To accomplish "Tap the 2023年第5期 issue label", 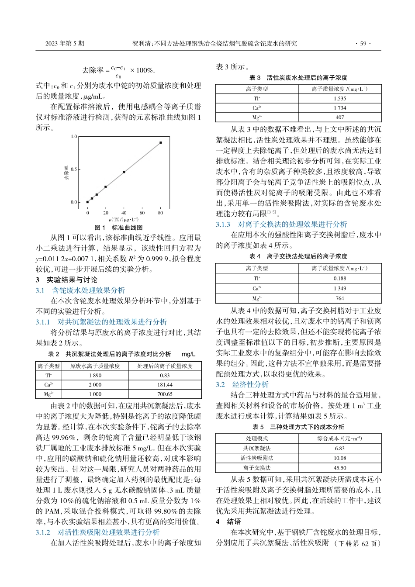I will point(65,44).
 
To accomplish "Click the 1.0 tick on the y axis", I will point(73,137).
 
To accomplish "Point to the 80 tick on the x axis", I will point(160,213).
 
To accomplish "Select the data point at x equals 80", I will point(161,142).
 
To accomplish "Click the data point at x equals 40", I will point(124,172).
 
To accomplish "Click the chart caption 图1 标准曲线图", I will point(119,228).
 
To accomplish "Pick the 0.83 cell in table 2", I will point(165,376).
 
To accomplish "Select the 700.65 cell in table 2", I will point(165,394).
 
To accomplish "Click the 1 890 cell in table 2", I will point(95,376).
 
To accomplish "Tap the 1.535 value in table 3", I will point(339,99).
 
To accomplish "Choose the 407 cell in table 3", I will point(339,117).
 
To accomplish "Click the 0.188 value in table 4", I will point(339,278).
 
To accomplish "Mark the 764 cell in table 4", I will point(339,298).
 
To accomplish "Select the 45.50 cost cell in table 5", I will point(339,468).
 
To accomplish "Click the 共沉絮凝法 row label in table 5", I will point(256,448).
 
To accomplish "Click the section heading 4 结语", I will point(229,522).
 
